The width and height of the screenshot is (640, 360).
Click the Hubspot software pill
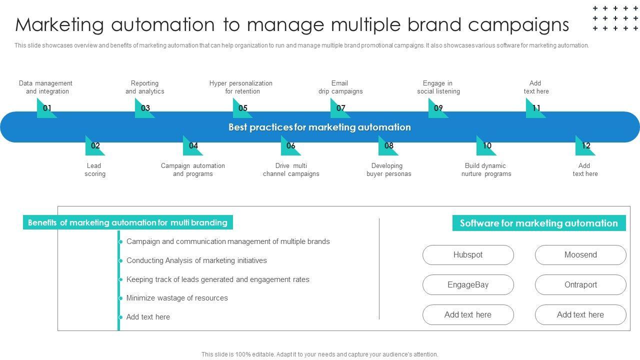click(468, 255)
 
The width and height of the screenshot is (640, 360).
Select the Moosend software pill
click(580, 255)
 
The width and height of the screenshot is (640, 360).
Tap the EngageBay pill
click(468, 285)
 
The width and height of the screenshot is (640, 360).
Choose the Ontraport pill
click(580, 285)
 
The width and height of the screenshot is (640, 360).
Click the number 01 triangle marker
click(45, 108)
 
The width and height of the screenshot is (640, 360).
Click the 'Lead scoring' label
click(94, 170)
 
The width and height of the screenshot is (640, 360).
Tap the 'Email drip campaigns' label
click(340, 87)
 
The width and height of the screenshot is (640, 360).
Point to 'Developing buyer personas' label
click(388, 170)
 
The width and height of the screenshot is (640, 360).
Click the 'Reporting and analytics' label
click(144, 87)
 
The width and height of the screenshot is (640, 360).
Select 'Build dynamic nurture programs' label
click(486, 170)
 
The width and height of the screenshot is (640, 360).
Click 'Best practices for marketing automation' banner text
click(319, 127)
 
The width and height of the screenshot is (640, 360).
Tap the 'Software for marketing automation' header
click(538, 223)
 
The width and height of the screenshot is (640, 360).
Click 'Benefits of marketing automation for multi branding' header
click(127, 222)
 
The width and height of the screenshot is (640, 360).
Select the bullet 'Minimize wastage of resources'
click(177, 298)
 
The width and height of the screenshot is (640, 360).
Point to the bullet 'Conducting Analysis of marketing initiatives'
click(196, 260)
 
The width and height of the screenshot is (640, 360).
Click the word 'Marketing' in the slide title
click(59, 24)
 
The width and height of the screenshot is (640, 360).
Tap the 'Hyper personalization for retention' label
click(241, 87)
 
